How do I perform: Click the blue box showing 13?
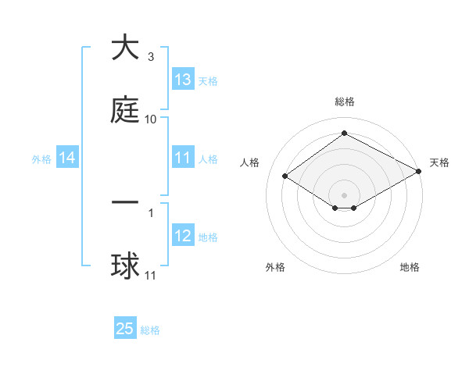(182, 80)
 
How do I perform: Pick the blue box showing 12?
(182, 236)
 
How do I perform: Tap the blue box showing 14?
(66, 159)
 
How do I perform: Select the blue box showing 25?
(125, 329)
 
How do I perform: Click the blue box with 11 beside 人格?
(182, 159)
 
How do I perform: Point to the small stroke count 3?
(151, 57)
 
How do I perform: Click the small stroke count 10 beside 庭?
(151, 119)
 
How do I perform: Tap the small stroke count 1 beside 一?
(151, 212)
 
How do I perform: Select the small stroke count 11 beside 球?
(151, 276)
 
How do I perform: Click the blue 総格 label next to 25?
(150, 330)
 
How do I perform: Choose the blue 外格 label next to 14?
(41, 159)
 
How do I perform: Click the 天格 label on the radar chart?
(439, 162)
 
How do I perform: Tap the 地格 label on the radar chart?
(410, 267)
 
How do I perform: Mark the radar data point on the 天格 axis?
(420, 172)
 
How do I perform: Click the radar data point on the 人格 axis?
(285, 176)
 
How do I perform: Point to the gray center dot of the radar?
(344, 194)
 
